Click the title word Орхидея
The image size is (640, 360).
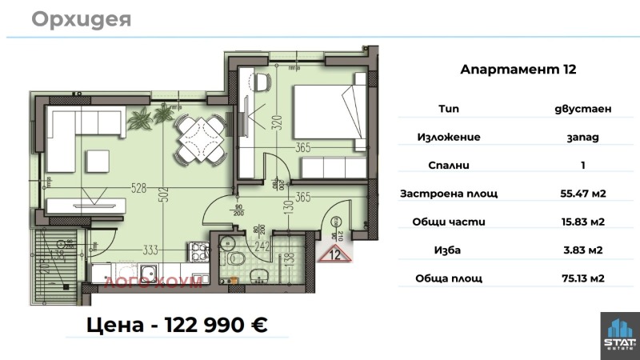[x=81, y=19]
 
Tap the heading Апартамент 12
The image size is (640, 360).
[x=518, y=70]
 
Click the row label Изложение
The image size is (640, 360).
[x=448, y=137]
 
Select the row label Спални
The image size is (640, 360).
[x=448, y=165]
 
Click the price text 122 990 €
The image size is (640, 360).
[x=216, y=325]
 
